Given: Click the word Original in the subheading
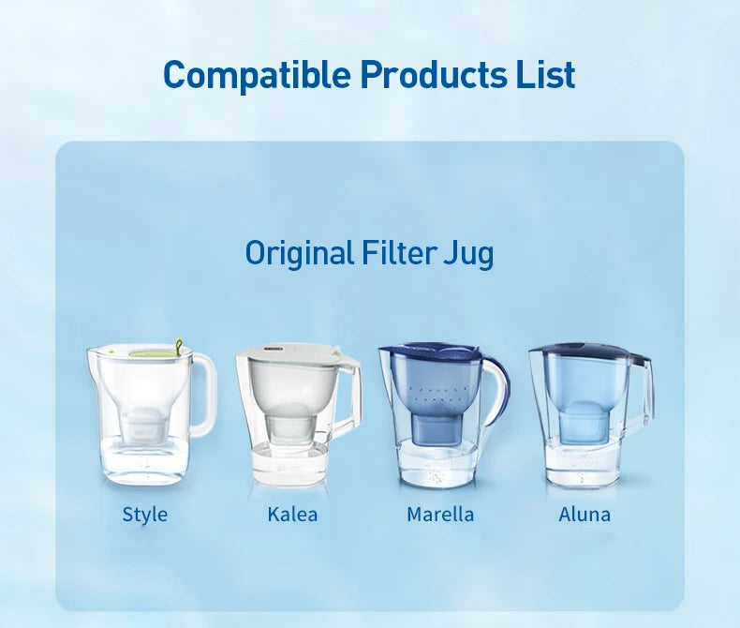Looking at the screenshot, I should click(299, 252).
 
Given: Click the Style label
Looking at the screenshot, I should click(145, 514).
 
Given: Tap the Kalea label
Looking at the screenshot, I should click(292, 514).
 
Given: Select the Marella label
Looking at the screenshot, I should click(440, 514).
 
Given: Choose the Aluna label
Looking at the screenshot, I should click(585, 514).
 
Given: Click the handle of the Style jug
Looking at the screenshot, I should click(206, 394).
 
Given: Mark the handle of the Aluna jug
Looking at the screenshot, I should click(646, 389).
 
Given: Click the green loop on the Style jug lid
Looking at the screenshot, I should click(178, 346).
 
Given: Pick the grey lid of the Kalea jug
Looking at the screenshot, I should click(290, 352).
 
